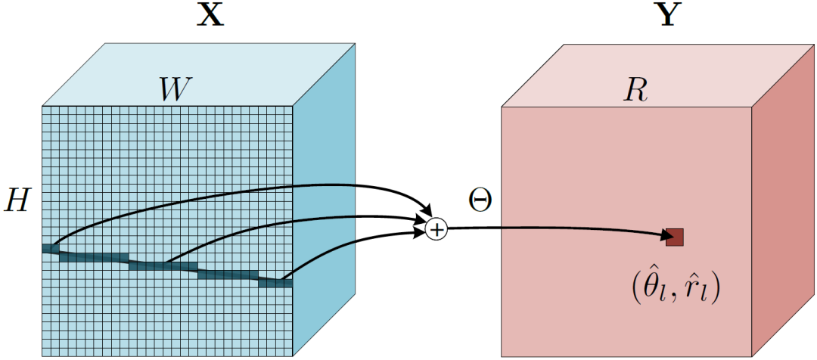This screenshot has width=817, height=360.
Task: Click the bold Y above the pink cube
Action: pyautogui.click(x=667, y=15)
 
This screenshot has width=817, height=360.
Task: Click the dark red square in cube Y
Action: pyautogui.click(x=675, y=237)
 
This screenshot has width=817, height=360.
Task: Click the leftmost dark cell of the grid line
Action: pyautogui.click(x=50, y=248)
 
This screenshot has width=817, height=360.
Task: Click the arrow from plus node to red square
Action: pyautogui.click(x=552, y=230)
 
